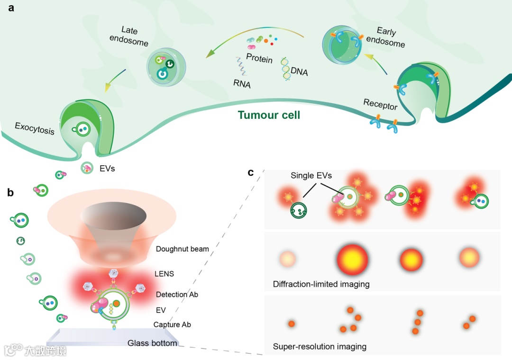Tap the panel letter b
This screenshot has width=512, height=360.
(10, 193)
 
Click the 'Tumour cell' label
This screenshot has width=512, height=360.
(269, 115)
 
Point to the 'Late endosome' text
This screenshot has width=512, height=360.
(129, 36)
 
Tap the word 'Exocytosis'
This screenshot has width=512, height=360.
(35, 128)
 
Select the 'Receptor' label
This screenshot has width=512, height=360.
(380, 105)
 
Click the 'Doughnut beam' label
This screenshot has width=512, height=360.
(182, 249)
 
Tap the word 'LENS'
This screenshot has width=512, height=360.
(164, 274)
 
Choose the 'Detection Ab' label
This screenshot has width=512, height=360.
(177, 295)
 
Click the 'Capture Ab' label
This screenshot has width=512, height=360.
(173, 325)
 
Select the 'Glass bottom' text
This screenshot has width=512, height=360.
(152, 343)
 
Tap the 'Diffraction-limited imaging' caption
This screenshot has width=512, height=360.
(321, 284)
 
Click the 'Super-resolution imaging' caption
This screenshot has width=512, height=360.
(320, 347)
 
